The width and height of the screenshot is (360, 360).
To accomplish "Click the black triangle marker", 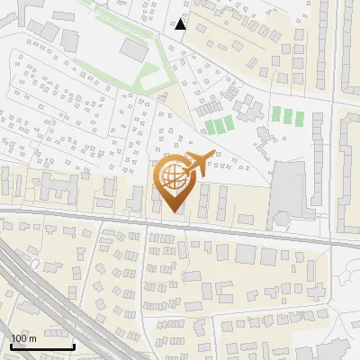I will tap(180, 24).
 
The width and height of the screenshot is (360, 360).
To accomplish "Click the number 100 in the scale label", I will tap(19, 338).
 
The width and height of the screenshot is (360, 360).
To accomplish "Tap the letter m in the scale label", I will tap(32, 338).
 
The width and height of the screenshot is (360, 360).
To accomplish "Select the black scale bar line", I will tap(41, 346).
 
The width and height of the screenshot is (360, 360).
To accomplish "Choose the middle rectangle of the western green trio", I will tap(220, 126).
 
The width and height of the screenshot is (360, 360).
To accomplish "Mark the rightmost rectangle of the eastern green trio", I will tap(298, 115).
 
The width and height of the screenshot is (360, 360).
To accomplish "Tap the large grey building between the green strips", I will tap(133, 49).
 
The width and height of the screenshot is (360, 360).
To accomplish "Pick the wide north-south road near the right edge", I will tap(335, 54).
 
